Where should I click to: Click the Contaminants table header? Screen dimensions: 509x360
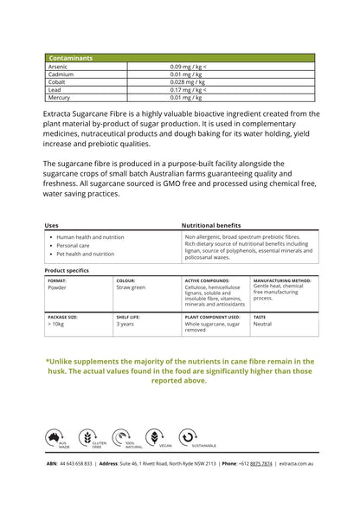71,58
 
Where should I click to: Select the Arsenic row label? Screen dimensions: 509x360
60,66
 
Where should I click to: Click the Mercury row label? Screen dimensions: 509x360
61,97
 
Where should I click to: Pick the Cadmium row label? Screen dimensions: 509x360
62,74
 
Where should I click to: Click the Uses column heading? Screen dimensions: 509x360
51,225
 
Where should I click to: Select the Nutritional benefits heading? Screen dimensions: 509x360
211,225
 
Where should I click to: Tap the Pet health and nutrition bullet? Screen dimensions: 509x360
85,254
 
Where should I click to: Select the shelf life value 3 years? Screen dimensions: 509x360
125,325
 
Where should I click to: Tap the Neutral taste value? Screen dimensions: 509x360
262,325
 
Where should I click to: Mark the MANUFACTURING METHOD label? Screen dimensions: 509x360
282,280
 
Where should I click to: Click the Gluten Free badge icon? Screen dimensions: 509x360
87,437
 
